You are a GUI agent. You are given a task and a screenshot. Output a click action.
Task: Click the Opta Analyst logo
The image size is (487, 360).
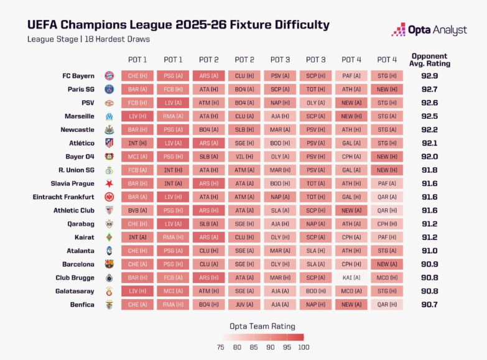tap(429, 29)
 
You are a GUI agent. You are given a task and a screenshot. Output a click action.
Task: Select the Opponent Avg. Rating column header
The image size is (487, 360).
tap(430, 60)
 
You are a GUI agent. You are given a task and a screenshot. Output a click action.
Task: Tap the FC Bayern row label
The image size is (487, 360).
tap(78, 76)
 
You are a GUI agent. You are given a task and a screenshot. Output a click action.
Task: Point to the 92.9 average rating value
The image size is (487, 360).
tap(430, 76)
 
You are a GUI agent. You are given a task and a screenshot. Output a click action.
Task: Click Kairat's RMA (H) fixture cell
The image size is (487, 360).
tap(173, 238)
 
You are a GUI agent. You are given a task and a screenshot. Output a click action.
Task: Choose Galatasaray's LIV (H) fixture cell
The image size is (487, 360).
tap(137, 291)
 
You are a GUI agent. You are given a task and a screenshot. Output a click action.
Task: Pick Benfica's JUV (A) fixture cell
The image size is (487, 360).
tap(244, 305)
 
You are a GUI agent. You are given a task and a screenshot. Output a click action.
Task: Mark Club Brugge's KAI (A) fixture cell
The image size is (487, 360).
tap(351, 278)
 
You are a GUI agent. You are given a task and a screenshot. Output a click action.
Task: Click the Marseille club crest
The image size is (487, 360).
tap(109, 116)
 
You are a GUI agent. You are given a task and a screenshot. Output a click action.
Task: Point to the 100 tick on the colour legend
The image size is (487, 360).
tap(303, 347)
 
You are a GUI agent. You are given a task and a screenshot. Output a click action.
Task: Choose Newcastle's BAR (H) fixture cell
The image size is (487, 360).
tap(137, 130)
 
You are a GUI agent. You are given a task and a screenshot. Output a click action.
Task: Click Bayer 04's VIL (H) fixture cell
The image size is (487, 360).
tap(244, 157)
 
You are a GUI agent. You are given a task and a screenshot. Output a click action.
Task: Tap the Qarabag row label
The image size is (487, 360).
tap(81, 224)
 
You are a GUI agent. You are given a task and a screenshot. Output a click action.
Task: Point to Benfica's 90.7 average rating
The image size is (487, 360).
tap(430, 305)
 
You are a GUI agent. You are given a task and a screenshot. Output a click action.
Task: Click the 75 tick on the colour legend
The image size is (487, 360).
tap(221, 347)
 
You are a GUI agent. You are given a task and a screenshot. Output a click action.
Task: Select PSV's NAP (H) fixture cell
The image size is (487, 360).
tap(280, 103)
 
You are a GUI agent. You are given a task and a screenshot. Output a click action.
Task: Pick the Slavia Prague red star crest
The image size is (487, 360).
tap(109, 183)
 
